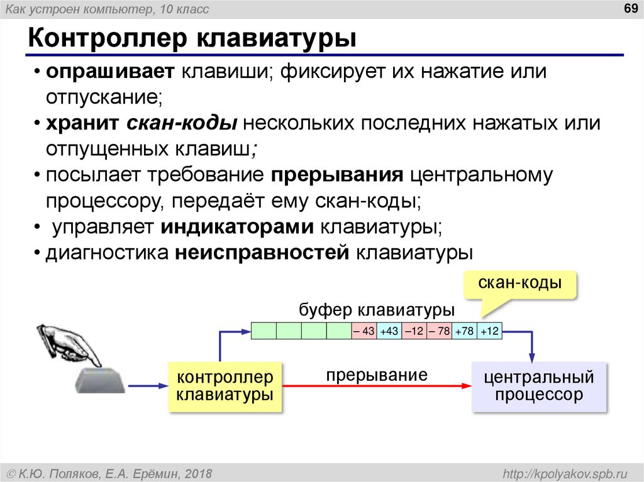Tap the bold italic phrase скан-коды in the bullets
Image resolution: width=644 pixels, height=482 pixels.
pos(182,123)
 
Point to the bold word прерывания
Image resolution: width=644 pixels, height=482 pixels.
pos(337,174)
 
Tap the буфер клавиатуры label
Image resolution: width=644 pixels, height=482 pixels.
pos(377,310)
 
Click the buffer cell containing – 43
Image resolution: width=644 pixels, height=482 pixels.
pos(364,331)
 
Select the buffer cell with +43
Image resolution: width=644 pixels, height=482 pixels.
pos(389,331)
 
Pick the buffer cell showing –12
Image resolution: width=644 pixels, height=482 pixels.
pos(414,331)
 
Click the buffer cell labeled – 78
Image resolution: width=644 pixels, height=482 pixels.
pos(440,331)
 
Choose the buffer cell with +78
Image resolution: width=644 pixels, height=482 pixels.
pos(465,331)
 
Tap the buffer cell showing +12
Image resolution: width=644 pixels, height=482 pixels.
pos(489,331)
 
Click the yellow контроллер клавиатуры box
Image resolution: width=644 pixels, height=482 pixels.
pos(225,386)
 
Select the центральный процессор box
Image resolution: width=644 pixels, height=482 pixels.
pos(539,386)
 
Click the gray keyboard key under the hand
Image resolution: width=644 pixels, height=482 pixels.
pos(100,380)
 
